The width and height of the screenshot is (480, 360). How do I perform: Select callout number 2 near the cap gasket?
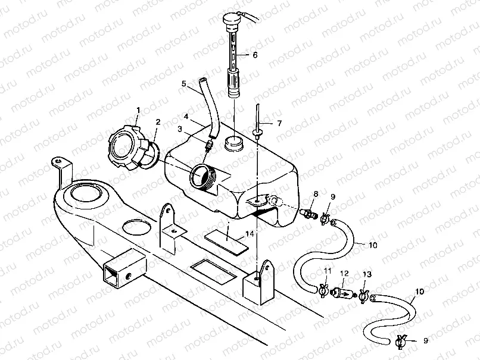click(x=157, y=122)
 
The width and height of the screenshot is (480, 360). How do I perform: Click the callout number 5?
click(x=184, y=84)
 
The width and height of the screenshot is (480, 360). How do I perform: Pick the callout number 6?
click(x=255, y=54)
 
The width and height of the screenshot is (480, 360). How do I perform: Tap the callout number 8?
click(x=316, y=194)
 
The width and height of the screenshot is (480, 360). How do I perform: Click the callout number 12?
click(x=344, y=273)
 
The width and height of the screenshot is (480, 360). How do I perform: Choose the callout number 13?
click(x=366, y=274)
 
